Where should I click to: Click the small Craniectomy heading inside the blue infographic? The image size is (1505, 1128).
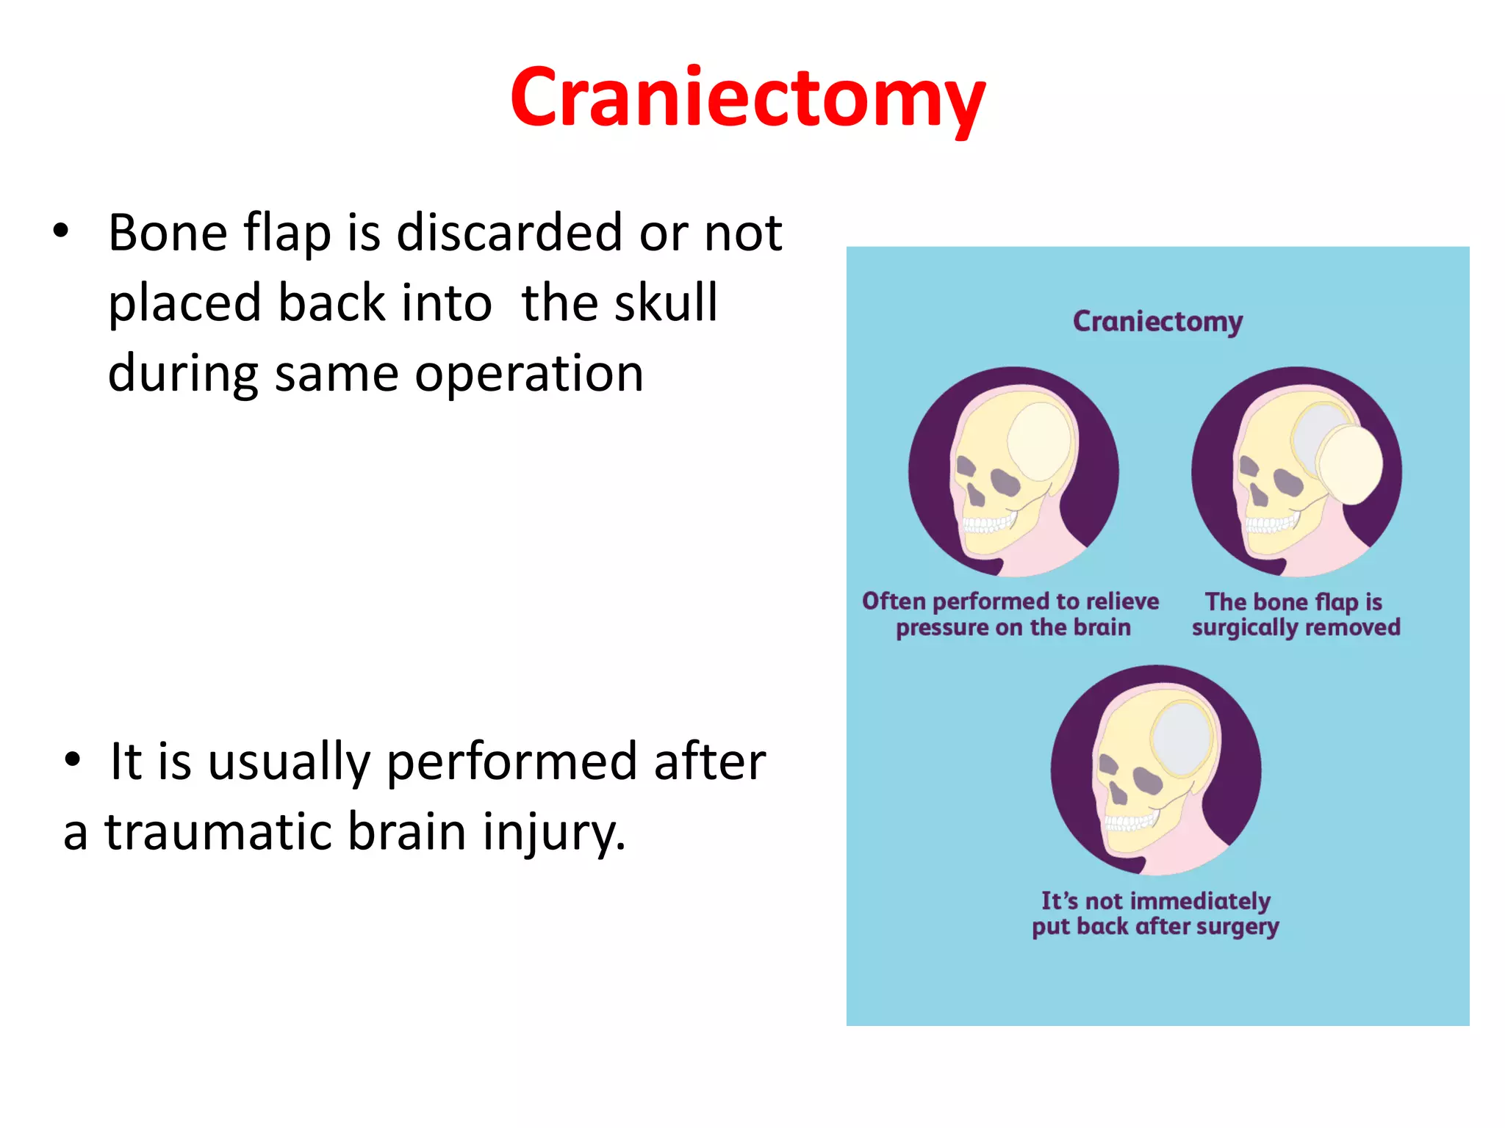point(1157,322)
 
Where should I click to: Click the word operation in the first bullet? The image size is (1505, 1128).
point(529,373)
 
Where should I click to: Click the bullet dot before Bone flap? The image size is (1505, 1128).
point(61,231)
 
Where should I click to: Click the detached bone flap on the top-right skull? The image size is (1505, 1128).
point(1351,465)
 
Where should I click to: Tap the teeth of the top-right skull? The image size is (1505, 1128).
point(1270,524)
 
